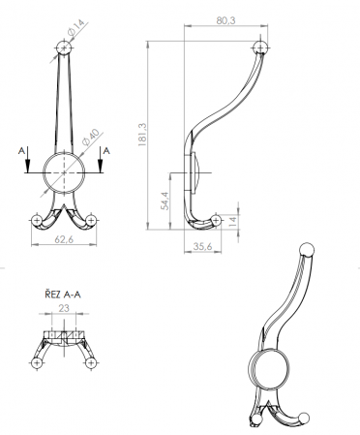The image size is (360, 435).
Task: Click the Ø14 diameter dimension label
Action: (75, 27)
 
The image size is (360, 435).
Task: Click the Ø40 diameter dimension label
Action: (90, 138)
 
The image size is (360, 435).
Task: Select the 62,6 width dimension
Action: (64, 239)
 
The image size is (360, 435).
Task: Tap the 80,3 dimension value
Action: (225, 20)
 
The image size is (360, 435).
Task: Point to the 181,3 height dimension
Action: (142, 135)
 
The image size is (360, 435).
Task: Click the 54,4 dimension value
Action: (165, 201)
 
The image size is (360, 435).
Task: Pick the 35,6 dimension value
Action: (202, 246)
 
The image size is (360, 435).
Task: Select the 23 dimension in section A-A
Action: (64, 308)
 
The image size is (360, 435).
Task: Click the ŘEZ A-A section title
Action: (63, 295)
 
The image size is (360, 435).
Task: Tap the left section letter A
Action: (21, 151)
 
